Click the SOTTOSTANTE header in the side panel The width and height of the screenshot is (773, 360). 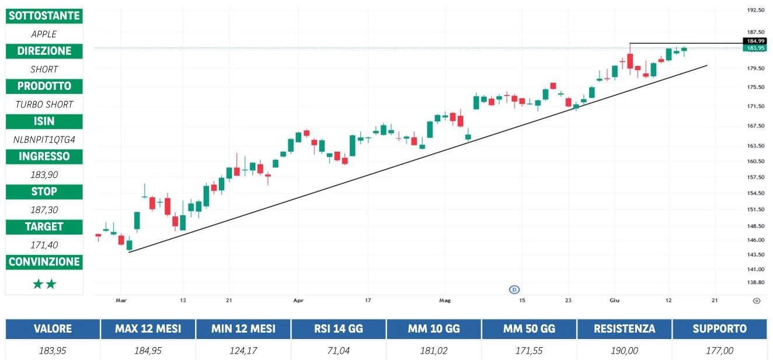pos(44,16)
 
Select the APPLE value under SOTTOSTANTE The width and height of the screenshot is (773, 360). pos(44,34)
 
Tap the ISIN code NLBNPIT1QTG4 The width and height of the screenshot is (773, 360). pos(44,139)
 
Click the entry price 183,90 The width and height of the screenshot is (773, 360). pos(44,174)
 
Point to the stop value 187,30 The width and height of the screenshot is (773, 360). pos(44,209)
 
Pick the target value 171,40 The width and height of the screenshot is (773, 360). pos(44,244)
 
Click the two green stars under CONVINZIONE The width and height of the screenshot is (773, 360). pos(44,284)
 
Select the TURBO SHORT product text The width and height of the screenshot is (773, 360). pos(44,104)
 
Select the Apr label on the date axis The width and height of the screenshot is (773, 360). pos(299,300)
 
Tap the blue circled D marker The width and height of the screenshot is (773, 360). pos(514,289)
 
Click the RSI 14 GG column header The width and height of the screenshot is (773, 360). pos(339,329)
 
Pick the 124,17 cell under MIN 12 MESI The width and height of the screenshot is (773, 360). pos(243,351)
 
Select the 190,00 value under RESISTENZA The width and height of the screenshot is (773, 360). pos(624,351)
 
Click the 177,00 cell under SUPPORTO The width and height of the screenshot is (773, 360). pos(719,351)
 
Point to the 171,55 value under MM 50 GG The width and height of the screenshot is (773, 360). pos(529,351)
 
